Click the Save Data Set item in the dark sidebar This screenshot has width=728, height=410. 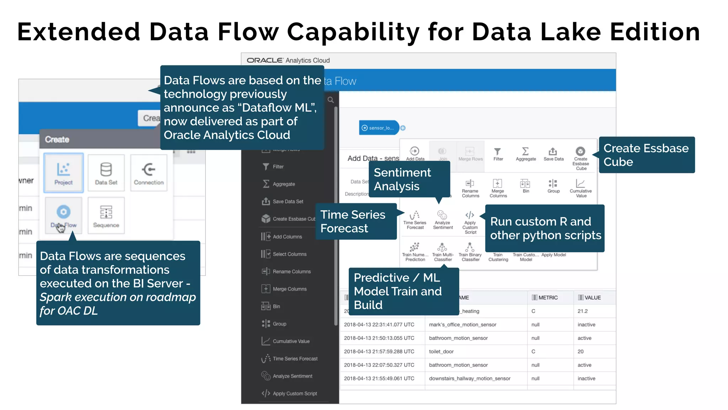click(x=288, y=201)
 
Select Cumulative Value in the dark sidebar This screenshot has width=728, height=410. click(x=291, y=341)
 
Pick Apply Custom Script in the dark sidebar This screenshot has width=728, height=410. click(x=294, y=394)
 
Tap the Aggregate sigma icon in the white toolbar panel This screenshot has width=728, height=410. click(x=525, y=152)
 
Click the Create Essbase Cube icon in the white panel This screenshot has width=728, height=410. click(x=580, y=152)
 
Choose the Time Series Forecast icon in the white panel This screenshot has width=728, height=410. click(x=415, y=215)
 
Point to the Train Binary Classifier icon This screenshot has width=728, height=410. click(x=470, y=247)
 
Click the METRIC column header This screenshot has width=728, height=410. click(x=548, y=298)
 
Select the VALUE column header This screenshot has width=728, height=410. click(x=593, y=298)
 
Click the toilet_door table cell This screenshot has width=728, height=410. click(x=441, y=352)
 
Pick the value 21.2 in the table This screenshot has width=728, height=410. click(x=583, y=311)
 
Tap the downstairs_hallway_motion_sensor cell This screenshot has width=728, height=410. click(x=470, y=379)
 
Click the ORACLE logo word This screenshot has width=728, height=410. click(x=265, y=61)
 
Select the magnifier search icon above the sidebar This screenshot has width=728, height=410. click(x=331, y=100)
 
